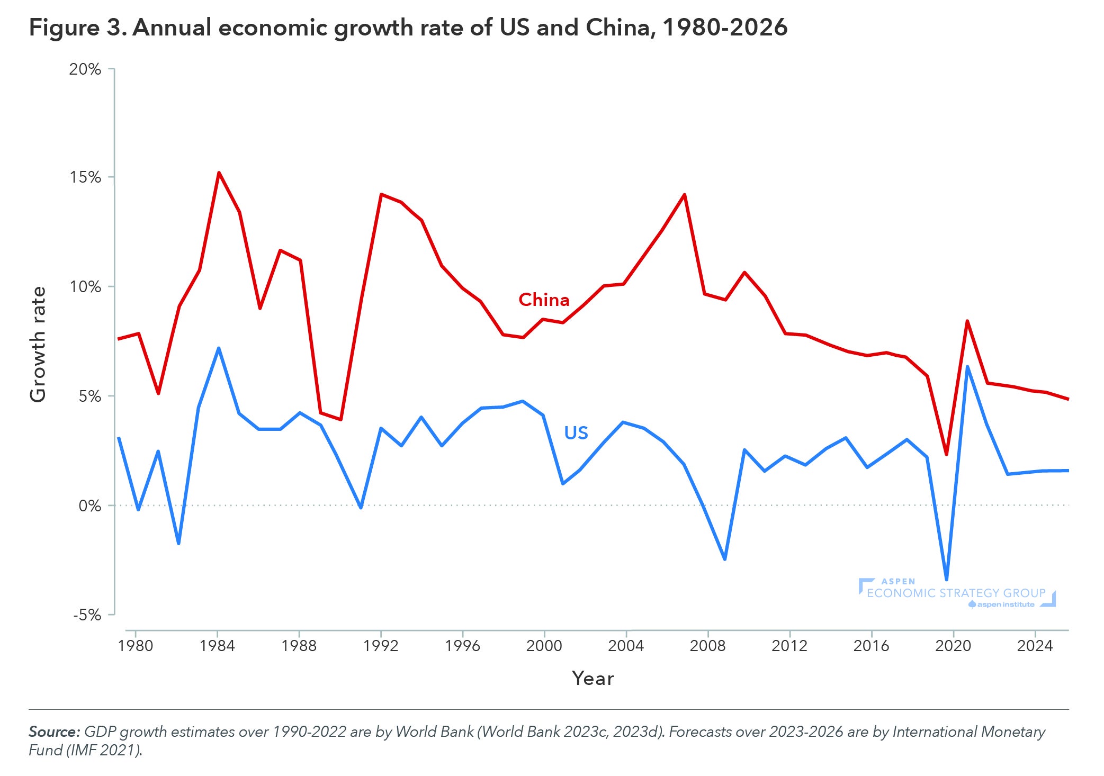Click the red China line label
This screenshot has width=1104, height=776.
544,300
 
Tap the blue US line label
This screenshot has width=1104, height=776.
576,433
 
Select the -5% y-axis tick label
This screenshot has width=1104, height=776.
87,615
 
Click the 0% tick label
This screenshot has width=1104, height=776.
89,506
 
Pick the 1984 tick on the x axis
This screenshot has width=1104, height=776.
217,646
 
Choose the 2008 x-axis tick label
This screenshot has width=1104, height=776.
707,646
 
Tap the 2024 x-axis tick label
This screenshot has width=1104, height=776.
1035,646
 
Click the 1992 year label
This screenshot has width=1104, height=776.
381,646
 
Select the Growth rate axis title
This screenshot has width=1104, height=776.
38,345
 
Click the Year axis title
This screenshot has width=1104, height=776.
593,679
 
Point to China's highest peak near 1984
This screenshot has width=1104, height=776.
219,173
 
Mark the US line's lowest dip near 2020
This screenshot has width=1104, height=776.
946,580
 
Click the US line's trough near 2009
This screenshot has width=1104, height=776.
724,559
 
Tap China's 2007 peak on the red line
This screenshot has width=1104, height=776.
684,195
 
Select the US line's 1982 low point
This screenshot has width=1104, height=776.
178,544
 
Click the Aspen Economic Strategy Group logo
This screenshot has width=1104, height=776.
956,593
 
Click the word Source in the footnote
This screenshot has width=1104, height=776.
54,732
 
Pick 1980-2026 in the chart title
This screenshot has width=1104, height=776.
725,28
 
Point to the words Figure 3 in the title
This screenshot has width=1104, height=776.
77,28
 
